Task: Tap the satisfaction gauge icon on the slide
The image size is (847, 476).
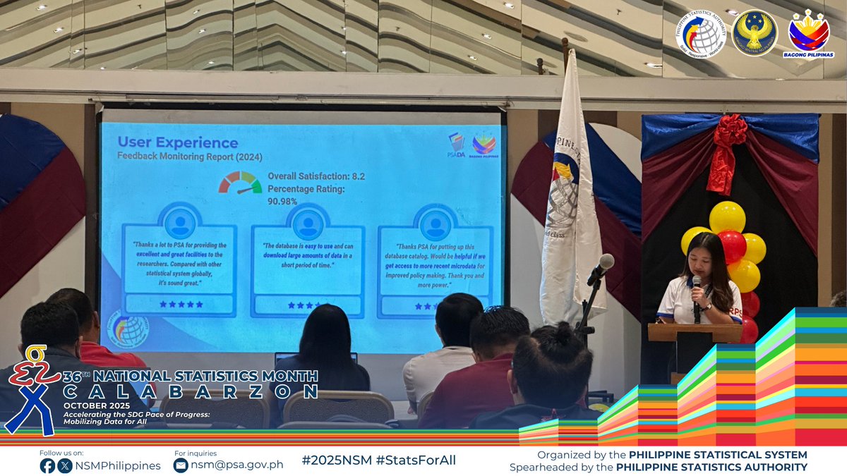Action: click(x=240, y=183)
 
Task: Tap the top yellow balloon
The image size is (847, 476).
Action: click(x=727, y=216)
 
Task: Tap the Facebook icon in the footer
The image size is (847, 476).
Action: click(x=48, y=465)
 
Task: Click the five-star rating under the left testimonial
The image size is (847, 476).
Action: click(x=181, y=304)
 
